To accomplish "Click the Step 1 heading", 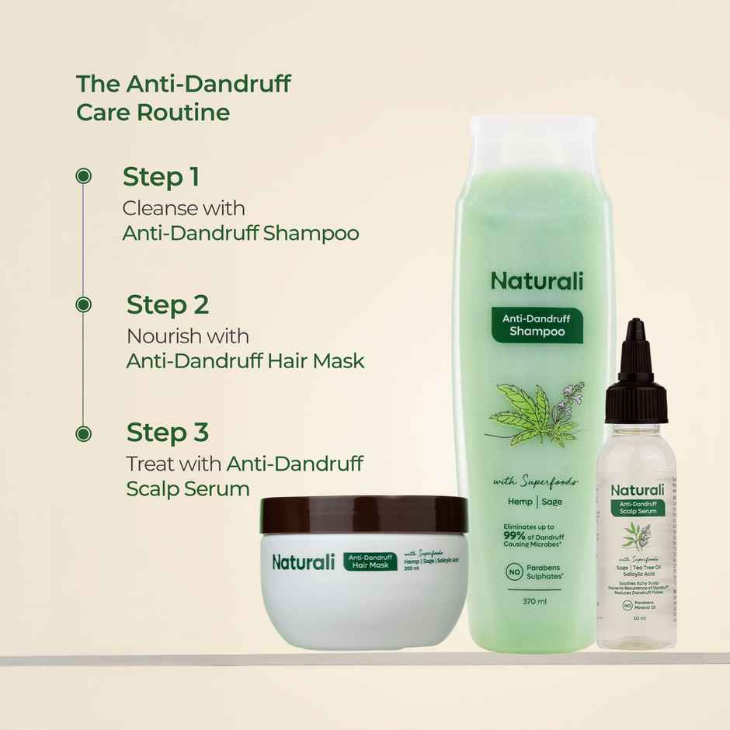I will pyautogui.click(x=161, y=177).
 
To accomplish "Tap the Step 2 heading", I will pyautogui.click(x=168, y=304).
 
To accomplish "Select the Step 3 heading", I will pyautogui.click(x=168, y=433).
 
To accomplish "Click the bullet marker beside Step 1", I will pyautogui.click(x=83, y=176).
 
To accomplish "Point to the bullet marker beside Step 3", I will pyautogui.click(x=83, y=433).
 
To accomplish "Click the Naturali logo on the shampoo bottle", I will pyautogui.click(x=537, y=280).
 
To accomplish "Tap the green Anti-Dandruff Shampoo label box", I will pyautogui.click(x=536, y=325).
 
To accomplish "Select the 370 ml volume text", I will pyautogui.click(x=535, y=601).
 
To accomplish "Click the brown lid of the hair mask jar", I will pyautogui.click(x=364, y=513).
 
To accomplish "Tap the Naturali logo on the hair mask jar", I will pyautogui.click(x=304, y=561).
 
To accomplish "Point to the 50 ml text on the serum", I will pyautogui.click(x=637, y=617).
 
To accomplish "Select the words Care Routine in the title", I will pyautogui.click(x=153, y=112).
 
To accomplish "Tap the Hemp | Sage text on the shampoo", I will pyautogui.click(x=535, y=502).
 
